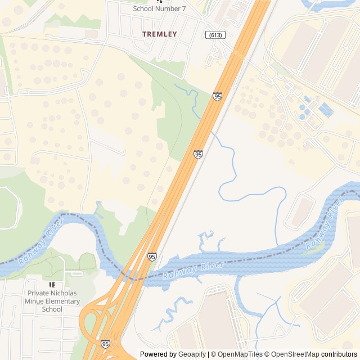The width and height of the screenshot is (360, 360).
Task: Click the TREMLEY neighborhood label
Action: pyautogui.click(x=159, y=34)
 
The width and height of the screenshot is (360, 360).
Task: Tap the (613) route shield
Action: pyautogui.click(x=215, y=35)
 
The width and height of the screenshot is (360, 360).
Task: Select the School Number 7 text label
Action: pyautogui.click(x=159, y=8)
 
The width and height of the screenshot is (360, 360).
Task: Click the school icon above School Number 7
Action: pyautogui.click(x=159, y=1)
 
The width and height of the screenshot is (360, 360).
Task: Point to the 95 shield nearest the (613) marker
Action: pyautogui.click(x=217, y=97)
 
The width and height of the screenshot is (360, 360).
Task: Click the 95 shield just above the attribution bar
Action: pyautogui.click(x=105, y=343)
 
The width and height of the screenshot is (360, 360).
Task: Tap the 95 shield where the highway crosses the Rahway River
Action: pyautogui.click(x=152, y=256)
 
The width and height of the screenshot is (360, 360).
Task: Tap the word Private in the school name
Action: pyautogui.click(x=39, y=293)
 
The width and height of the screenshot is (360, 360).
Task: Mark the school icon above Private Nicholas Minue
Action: pyautogui.click(x=52, y=285)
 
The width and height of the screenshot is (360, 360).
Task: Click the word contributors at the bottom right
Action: pyautogui.click(x=339, y=354)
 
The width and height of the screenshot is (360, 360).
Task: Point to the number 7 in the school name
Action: pyautogui.click(x=183, y=8)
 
